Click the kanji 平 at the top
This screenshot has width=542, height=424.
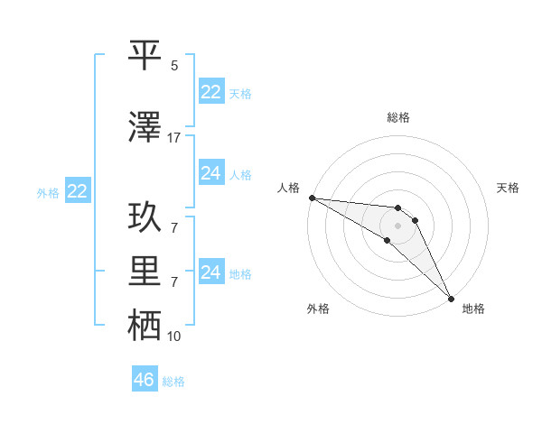(x=145, y=56)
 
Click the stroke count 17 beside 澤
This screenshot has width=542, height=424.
(x=173, y=138)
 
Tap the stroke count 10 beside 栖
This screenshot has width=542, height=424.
(x=173, y=336)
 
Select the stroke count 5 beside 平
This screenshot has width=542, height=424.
(x=173, y=66)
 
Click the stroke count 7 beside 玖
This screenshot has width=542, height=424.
(x=173, y=227)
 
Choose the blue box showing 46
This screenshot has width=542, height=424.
(x=145, y=380)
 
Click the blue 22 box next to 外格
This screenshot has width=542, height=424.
(x=77, y=191)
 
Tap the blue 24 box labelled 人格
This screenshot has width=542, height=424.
(x=210, y=173)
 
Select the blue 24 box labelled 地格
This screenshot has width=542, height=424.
(x=210, y=272)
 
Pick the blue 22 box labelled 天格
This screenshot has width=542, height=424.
(x=210, y=92)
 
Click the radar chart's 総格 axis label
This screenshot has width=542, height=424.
(x=398, y=117)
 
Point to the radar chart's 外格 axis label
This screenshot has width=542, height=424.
(x=318, y=309)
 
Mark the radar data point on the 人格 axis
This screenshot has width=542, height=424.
(x=312, y=198)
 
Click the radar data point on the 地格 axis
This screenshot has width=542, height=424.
(x=451, y=299)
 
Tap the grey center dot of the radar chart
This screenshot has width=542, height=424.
(x=397, y=226)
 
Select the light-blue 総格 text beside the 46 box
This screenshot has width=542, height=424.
(x=173, y=382)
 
